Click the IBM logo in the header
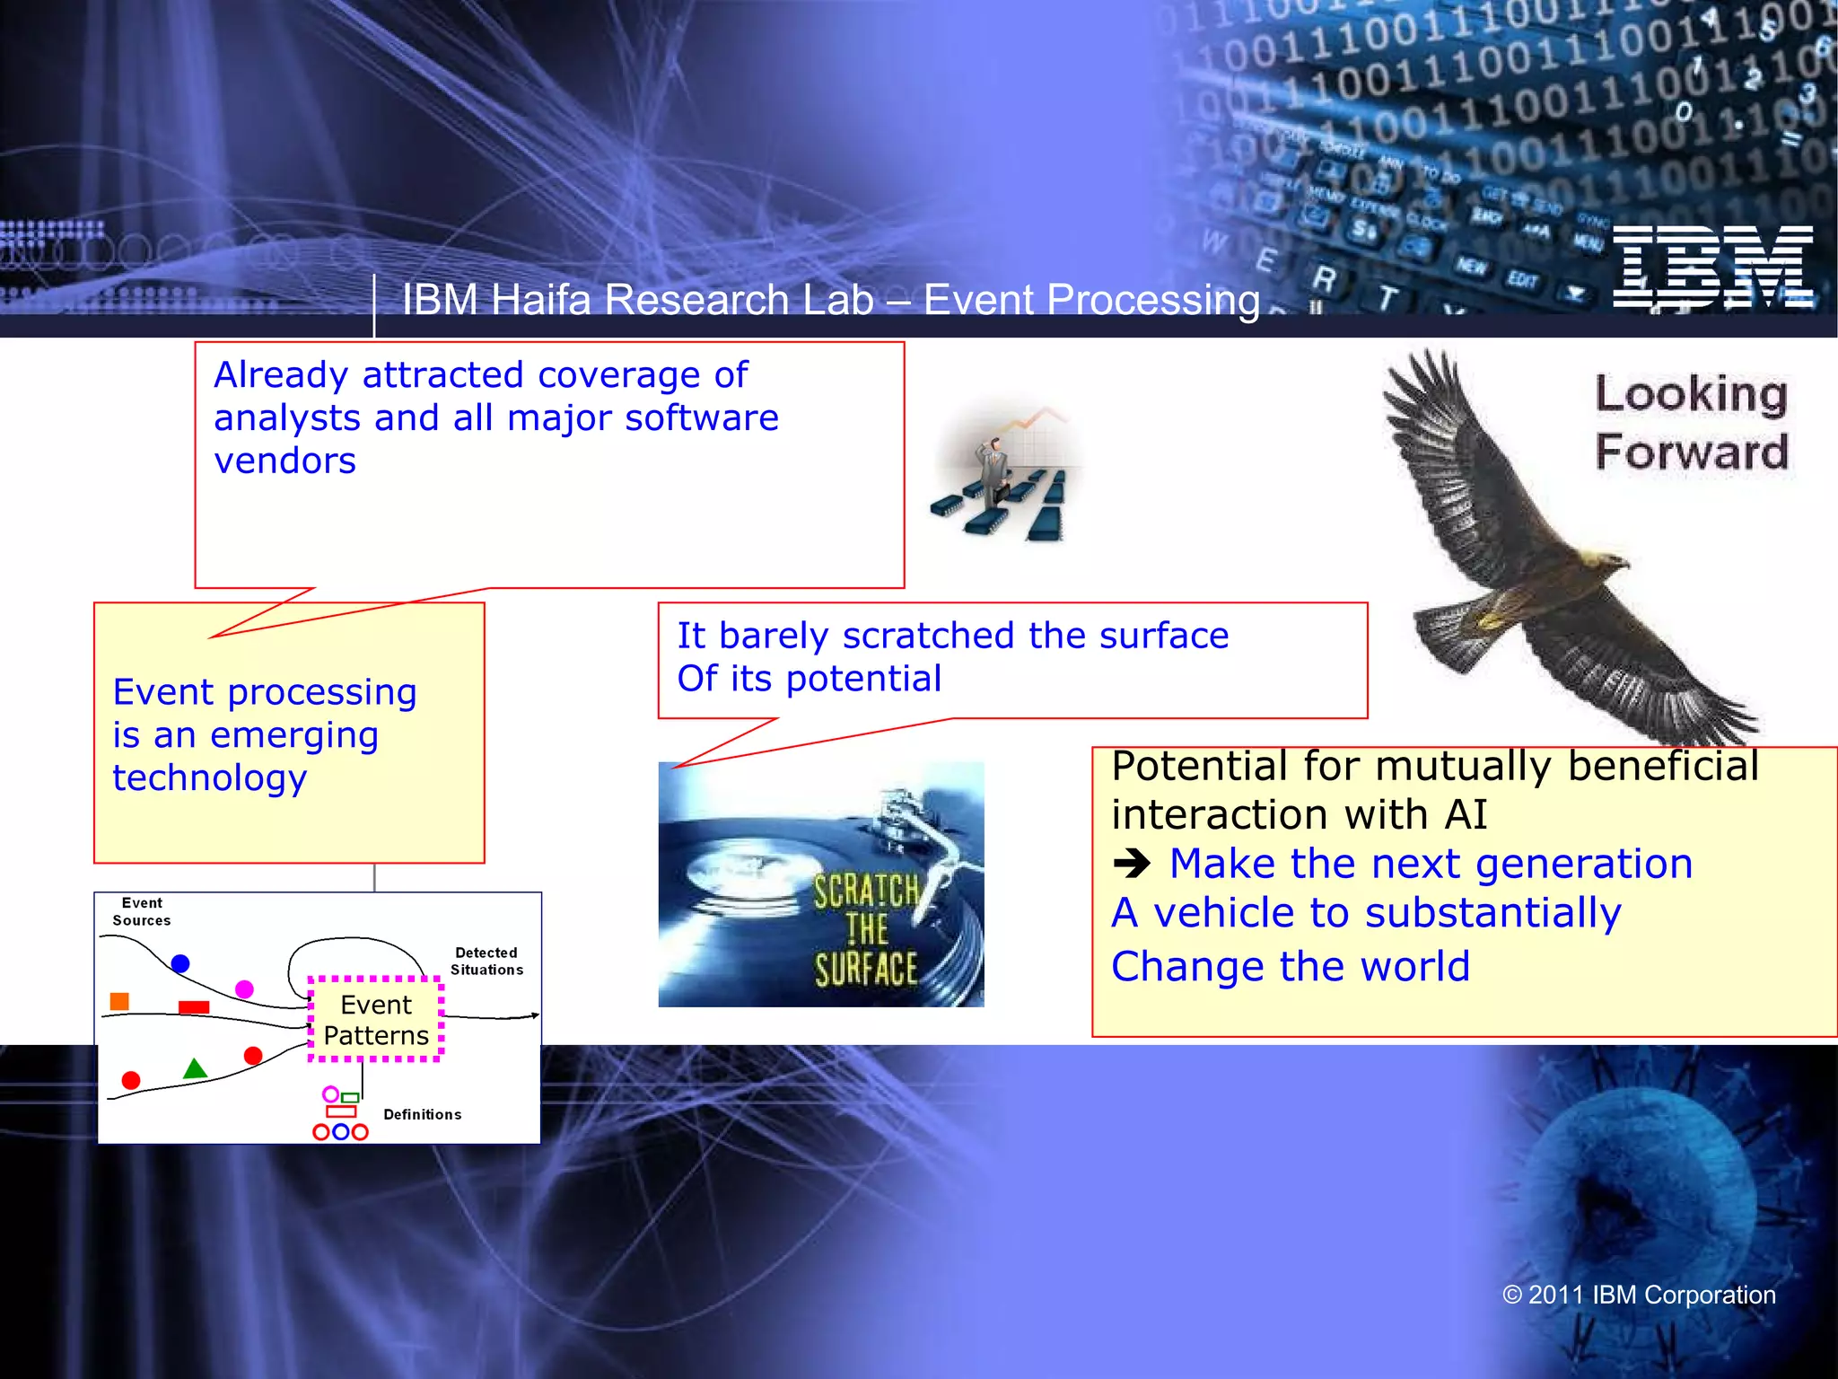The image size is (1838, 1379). (x=1712, y=267)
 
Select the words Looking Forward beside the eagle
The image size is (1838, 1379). (x=1691, y=422)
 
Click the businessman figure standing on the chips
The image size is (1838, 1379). (x=994, y=471)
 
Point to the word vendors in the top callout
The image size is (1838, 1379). (x=284, y=461)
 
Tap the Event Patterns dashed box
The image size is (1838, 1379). (x=375, y=1020)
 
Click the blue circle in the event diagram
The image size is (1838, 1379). (x=180, y=963)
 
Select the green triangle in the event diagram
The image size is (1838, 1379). (x=195, y=1069)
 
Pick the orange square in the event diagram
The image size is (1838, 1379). (x=119, y=1001)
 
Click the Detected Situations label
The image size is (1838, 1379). (x=486, y=961)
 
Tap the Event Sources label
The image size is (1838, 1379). (x=142, y=911)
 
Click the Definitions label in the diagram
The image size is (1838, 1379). (x=422, y=1114)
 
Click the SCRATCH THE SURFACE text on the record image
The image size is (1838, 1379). (x=866, y=930)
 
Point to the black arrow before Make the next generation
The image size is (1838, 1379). (x=1132, y=865)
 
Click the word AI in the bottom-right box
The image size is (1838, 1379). (x=1466, y=815)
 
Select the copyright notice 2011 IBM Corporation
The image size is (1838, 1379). (x=1639, y=1295)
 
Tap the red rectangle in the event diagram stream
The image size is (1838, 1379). (x=194, y=1007)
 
